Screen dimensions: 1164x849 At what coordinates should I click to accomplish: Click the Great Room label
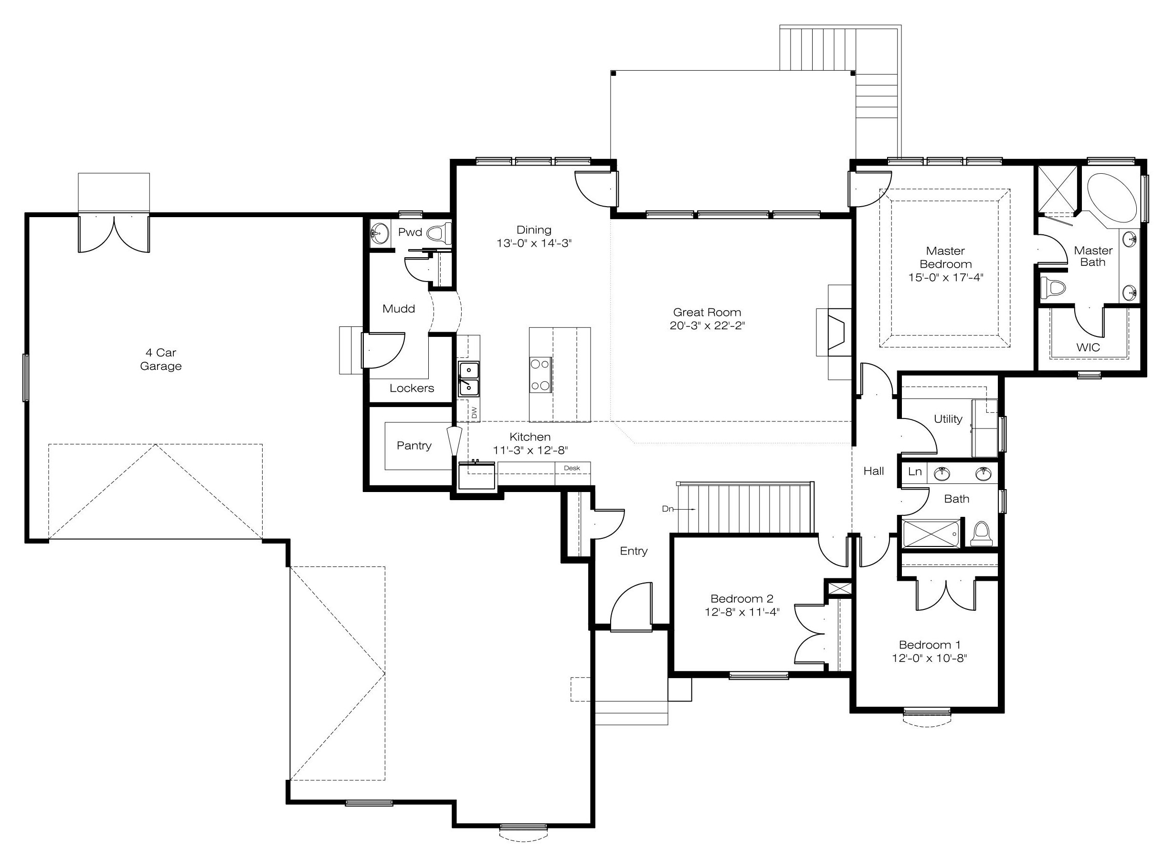coord(707,312)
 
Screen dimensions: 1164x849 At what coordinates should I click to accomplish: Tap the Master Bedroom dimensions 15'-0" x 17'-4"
coord(945,278)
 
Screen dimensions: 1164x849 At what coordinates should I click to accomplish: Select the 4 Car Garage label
coord(161,359)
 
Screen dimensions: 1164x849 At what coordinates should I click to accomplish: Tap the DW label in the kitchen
coord(474,412)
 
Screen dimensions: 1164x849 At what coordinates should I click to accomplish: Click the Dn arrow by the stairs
coord(678,509)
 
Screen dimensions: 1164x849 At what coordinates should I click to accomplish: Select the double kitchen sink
coord(469,379)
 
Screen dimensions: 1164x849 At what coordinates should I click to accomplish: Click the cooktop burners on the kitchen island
coord(540,375)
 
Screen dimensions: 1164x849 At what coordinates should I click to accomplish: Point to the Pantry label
coord(414,446)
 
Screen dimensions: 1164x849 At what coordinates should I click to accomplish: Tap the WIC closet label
coord(1088,347)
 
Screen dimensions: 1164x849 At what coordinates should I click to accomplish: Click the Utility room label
coord(948,419)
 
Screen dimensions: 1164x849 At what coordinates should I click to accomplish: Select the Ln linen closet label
coord(915,471)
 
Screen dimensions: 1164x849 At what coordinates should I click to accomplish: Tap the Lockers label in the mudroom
coord(412,388)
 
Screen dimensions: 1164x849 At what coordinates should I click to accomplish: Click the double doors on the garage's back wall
coord(114,234)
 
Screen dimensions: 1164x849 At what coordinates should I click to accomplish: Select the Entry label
coord(634,551)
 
